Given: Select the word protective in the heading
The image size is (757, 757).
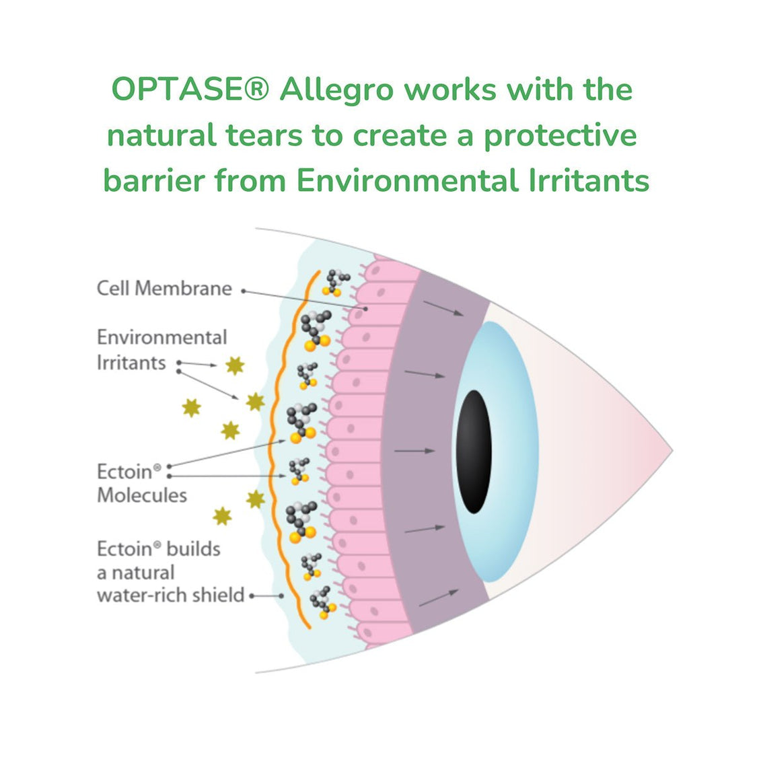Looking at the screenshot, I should pos(560,135).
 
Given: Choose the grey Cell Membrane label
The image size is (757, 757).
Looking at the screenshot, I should pos(164,289).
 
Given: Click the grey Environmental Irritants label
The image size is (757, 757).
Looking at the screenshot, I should pos(161,349).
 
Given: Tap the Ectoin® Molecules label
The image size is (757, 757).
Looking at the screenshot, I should pos(141,483).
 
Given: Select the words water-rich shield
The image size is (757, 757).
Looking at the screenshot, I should pos(170,596).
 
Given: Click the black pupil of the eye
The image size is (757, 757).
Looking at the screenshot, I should pos(474,452).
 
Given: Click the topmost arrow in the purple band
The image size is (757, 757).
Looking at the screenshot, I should pos(443,308).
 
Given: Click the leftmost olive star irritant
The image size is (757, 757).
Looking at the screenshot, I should pos(192,407).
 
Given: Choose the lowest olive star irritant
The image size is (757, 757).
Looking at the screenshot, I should pos(222,516).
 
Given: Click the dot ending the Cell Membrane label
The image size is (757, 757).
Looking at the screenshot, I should pos(244,291).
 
